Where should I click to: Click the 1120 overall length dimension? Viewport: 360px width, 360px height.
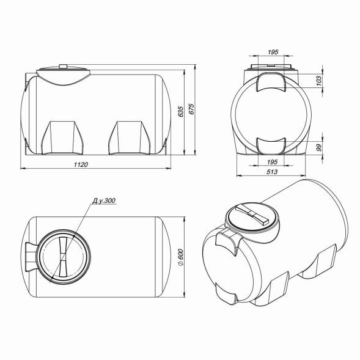(x=83, y=164)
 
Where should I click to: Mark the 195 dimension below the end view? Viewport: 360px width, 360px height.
(x=273, y=162)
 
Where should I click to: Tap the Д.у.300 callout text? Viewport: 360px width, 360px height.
(x=103, y=201)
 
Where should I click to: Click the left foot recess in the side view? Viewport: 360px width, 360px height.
(x=64, y=138)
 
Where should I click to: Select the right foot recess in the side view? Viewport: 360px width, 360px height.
(x=129, y=138)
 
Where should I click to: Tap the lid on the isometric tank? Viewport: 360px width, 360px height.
(x=252, y=216)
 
